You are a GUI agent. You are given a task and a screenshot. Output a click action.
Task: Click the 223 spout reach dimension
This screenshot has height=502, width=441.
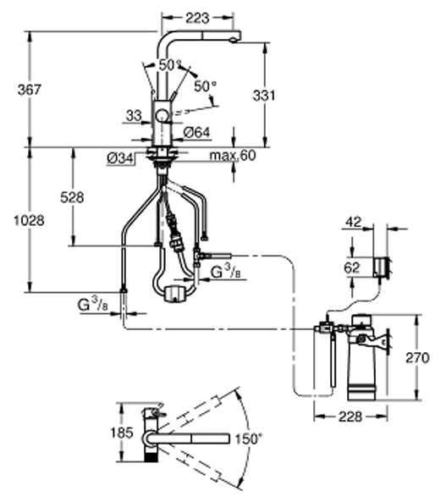click(x=197, y=18)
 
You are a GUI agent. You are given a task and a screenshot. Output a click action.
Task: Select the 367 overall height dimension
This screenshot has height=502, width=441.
click(x=30, y=90)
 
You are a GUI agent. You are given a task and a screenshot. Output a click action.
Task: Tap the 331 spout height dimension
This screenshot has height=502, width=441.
click(x=264, y=96)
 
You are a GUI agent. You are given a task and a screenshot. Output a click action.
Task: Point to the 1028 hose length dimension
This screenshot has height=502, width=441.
click(x=29, y=221)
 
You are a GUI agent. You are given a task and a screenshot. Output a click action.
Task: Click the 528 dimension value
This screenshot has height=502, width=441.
click(x=72, y=197)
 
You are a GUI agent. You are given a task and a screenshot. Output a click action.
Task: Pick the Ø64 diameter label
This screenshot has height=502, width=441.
click(x=197, y=132)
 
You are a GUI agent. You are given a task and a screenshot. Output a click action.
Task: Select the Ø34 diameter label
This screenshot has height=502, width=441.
click(x=119, y=158)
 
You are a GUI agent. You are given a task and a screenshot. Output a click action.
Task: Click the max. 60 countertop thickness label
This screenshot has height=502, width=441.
click(x=233, y=155)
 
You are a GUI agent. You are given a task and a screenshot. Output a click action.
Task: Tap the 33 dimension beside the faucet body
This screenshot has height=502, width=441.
click(x=134, y=116)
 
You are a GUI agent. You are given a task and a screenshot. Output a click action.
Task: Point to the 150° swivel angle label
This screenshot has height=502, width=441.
click(x=248, y=439)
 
